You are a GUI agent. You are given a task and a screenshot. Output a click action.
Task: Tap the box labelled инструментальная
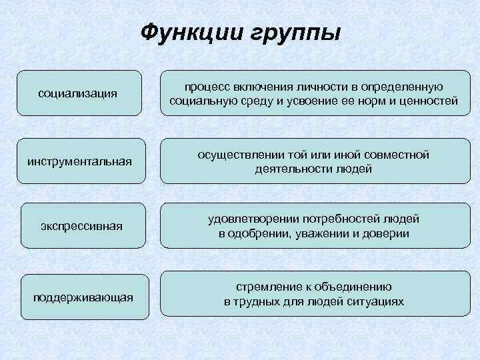coord(79,161)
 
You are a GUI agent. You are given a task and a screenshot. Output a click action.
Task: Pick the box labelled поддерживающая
coord(83,296)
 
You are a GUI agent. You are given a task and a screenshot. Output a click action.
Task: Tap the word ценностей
coord(429,101)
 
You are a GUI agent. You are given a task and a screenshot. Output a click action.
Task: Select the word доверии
coord(388,233)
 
